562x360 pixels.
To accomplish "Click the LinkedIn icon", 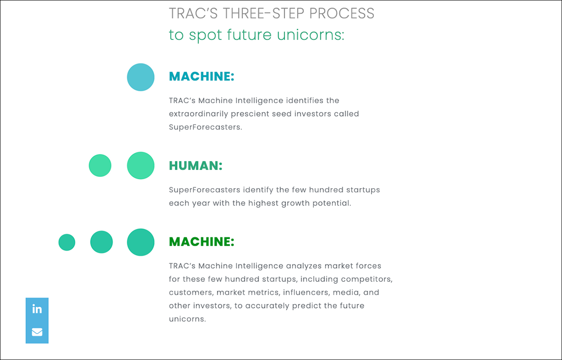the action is [37, 309].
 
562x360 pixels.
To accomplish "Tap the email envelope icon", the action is [37, 332].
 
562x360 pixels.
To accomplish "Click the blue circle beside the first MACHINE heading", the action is [140, 77].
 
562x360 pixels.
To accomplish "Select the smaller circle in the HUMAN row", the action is [100, 165].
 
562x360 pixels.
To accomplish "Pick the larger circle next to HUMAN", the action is [140, 165].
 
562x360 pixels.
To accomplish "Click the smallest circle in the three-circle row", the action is [67, 242].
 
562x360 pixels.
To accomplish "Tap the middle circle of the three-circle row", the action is [102, 242].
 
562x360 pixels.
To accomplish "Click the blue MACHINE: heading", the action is [201, 76].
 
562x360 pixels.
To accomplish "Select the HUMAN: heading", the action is [195, 166].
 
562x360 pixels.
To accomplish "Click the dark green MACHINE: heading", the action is [201, 242].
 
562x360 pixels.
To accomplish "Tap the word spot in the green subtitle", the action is [204, 35].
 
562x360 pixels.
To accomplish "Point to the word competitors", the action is [366, 279].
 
